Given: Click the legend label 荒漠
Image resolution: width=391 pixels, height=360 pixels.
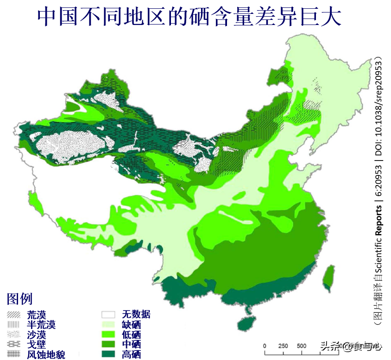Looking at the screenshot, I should (37, 315).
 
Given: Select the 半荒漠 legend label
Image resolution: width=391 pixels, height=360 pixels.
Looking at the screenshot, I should (41, 325).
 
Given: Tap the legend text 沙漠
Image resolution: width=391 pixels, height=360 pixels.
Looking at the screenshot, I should (37, 335).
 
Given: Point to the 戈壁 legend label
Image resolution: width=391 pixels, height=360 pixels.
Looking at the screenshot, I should (37, 345).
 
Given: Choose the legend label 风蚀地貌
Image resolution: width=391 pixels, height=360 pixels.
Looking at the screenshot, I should (46, 355).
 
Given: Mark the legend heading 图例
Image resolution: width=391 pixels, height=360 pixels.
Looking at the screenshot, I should (19, 299).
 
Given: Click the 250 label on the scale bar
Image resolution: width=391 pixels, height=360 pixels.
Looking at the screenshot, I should (283, 346).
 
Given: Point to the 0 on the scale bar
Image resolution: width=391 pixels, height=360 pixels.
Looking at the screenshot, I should (265, 346).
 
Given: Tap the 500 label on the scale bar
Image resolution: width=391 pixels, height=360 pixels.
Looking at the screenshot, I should (302, 346).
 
